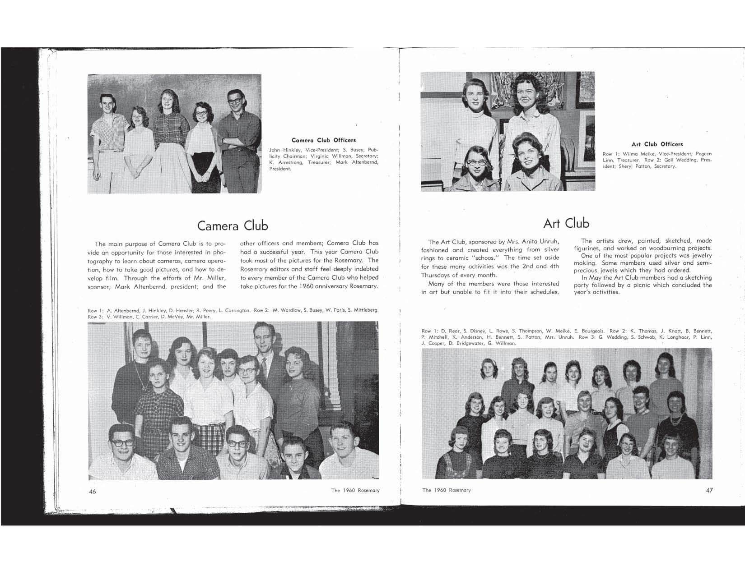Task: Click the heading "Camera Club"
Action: [233, 225]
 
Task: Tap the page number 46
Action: [92, 491]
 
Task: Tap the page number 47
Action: [709, 490]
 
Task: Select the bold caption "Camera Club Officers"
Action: [323, 140]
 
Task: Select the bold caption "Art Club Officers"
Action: [657, 144]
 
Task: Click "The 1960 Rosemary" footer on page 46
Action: [355, 490]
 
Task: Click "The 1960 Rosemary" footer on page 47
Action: [446, 490]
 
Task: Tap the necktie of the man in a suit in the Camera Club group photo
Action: [264, 365]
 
